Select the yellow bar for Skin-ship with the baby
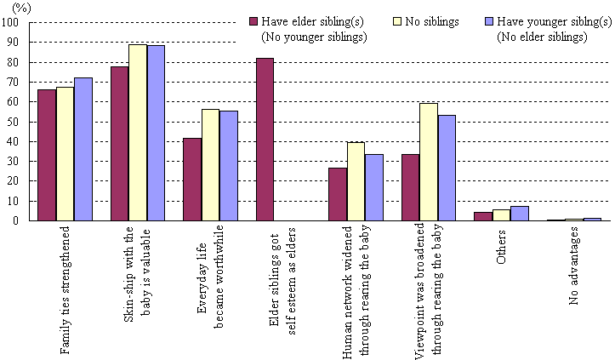(138, 132)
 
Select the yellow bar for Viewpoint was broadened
(430, 162)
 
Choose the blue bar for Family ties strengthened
(83, 149)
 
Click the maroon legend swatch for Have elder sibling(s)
(253, 21)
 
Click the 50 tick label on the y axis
(15, 122)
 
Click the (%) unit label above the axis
(22, 7)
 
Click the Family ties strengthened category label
(65, 289)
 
